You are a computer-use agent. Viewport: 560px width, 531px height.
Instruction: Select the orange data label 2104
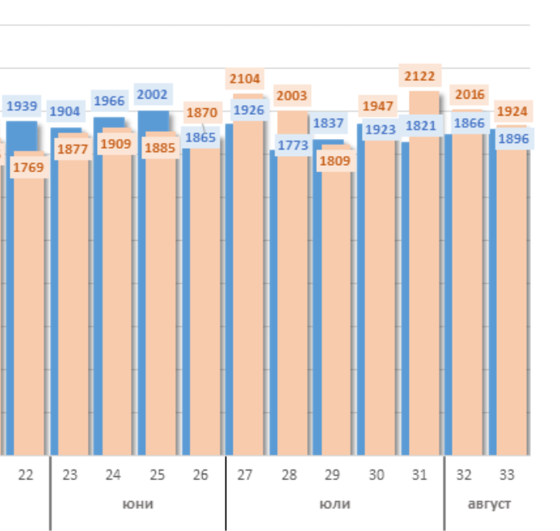point(245,78)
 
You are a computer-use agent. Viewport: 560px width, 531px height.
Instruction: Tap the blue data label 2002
point(152,95)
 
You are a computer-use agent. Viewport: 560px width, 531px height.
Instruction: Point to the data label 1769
point(29,167)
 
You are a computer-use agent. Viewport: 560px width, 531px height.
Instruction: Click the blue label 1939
point(22,106)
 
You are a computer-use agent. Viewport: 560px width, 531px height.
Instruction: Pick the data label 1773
point(293,145)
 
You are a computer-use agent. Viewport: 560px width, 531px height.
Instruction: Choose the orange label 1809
point(335,160)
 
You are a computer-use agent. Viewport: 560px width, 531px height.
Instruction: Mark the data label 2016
point(469,95)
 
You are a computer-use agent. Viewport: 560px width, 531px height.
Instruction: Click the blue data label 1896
point(513,139)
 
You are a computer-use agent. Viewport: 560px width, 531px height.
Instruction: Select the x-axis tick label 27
point(245,475)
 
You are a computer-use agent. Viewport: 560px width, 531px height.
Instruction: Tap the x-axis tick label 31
point(419,475)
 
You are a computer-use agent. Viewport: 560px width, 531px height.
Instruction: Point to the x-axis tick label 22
point(26,475)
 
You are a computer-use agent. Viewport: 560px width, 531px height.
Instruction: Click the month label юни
point(137,504)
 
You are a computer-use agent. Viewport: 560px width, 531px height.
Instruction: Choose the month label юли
point(335,504)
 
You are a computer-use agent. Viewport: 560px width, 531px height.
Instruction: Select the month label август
point(490,504)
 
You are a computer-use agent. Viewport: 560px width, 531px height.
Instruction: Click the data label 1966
point(109,101)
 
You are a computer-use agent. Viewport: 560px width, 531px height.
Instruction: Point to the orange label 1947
point(377,106)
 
